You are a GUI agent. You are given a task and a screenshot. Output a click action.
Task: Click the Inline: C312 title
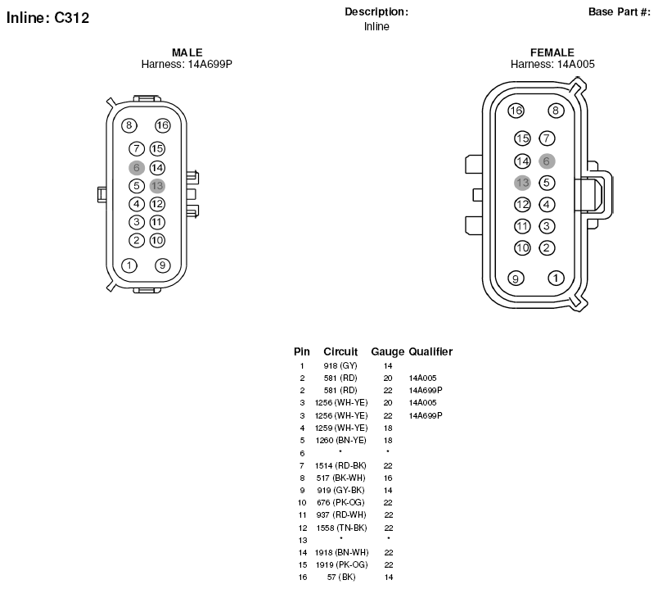point(47,18)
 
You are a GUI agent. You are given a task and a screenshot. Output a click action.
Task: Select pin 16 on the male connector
point(162,125)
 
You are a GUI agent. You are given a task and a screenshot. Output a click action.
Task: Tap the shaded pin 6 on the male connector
point(137,168)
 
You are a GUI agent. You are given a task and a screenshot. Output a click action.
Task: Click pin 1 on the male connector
point(129,265)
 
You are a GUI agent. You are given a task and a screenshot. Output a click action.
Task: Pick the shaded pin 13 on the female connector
point(522,183)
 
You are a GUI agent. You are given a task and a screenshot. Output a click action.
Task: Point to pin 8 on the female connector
point(556,111)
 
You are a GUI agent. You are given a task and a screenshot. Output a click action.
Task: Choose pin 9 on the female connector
point(516,278)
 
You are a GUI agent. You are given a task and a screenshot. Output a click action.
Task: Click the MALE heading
point(187,52)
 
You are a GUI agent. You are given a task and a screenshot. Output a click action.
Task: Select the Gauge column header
point(387,351)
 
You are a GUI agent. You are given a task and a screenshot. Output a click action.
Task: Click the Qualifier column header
point(430,351)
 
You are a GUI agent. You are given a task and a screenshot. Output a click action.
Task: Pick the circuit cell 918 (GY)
point(340,366)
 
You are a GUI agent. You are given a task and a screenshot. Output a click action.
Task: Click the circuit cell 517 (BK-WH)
point(340,478)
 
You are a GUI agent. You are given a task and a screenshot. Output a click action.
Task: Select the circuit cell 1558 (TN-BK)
point(341,528)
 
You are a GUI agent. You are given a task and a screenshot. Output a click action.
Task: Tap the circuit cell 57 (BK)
point(341,578)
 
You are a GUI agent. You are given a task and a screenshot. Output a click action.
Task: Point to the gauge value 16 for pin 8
point(388,478)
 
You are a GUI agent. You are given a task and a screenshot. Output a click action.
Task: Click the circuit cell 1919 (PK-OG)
point(341,564)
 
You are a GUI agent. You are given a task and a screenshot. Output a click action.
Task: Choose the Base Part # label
point(620,11)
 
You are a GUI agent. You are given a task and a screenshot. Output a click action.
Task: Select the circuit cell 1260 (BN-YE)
point(340,440)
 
